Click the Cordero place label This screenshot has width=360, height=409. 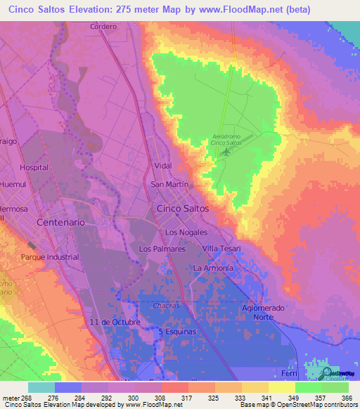pos(103,27)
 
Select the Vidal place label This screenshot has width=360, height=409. pos(163,166)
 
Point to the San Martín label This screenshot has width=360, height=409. pos(169,184)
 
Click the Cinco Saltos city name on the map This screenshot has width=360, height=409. pos(182,209)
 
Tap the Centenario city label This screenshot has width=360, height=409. pos(61,221)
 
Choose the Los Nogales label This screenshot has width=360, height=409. pos(186,232)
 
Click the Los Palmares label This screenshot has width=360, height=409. pos(162,249)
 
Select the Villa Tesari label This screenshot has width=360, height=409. pos(221,249)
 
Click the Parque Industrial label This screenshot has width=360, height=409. pos(50,257)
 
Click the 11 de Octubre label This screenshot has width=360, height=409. pos(115,322)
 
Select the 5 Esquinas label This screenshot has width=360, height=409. pos(178,330)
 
